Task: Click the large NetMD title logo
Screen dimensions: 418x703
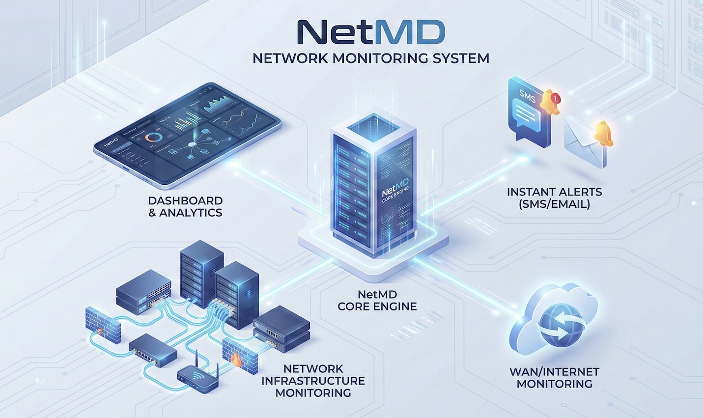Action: click(x=371, y=32)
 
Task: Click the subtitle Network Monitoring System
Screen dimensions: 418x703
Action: click(x=371, y=58)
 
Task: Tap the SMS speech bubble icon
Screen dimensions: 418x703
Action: click(x=527, y=112)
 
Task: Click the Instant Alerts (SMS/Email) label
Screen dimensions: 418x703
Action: click(x=554, y=197)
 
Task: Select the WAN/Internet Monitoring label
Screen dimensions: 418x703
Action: click(x=554, y=378)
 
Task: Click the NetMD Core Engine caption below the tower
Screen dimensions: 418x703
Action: click(x=377, y=301)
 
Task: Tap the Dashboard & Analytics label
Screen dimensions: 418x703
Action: click(x=185, y=206)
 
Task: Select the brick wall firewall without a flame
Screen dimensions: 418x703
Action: click(x=103, y=325)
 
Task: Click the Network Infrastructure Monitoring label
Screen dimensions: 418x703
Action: click(x=313, y=381)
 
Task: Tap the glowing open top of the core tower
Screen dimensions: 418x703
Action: click(x=374, y=124)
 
